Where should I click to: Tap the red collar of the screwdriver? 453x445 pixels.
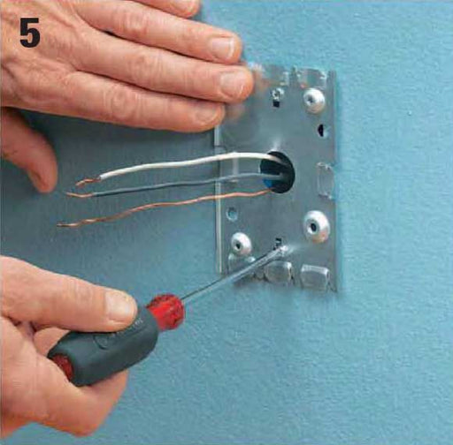[165, 311]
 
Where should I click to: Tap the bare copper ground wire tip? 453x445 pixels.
[64, 224]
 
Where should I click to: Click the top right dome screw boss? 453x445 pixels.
[314, 99]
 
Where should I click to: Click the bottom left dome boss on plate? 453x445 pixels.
[240, 243]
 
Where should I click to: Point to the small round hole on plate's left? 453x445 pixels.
[232, 213]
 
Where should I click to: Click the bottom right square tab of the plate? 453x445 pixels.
[316, 277]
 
